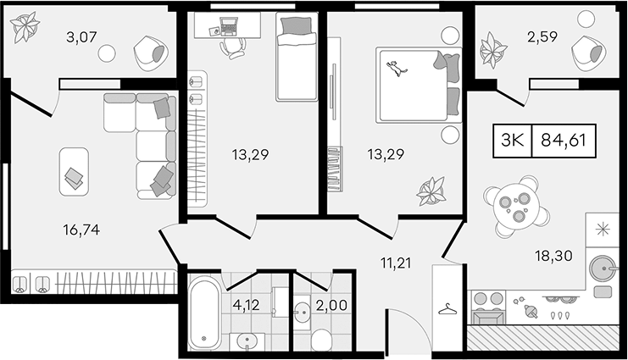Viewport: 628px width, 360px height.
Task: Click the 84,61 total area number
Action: coord(564,140)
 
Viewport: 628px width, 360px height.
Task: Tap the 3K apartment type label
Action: coord(513,140)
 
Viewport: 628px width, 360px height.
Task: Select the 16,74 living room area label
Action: coord(81,230)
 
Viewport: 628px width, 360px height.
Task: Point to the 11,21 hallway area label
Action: coord(396,263)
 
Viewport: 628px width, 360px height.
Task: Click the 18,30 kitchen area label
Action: coord(554,255)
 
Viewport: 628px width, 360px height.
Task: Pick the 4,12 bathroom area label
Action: coord(246,306)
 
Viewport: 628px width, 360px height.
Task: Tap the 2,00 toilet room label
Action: coord(331,306)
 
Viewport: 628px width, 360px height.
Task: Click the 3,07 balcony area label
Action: coord(82,37)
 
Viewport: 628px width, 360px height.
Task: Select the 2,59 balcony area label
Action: coord(542,36)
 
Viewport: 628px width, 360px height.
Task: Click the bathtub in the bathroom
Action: coord(204,315)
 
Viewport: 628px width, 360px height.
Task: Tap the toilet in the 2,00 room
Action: coord(321,339)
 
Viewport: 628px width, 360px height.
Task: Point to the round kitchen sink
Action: coord(602,267)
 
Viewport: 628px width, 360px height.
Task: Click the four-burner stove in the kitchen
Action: coord(488,307)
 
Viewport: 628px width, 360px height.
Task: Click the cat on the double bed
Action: coord(397,68)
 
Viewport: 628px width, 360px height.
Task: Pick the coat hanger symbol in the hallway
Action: coord(448,308)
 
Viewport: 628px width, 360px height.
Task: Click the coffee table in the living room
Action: coord(74,172)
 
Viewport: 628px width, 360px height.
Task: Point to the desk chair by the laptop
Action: coord(232,48)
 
